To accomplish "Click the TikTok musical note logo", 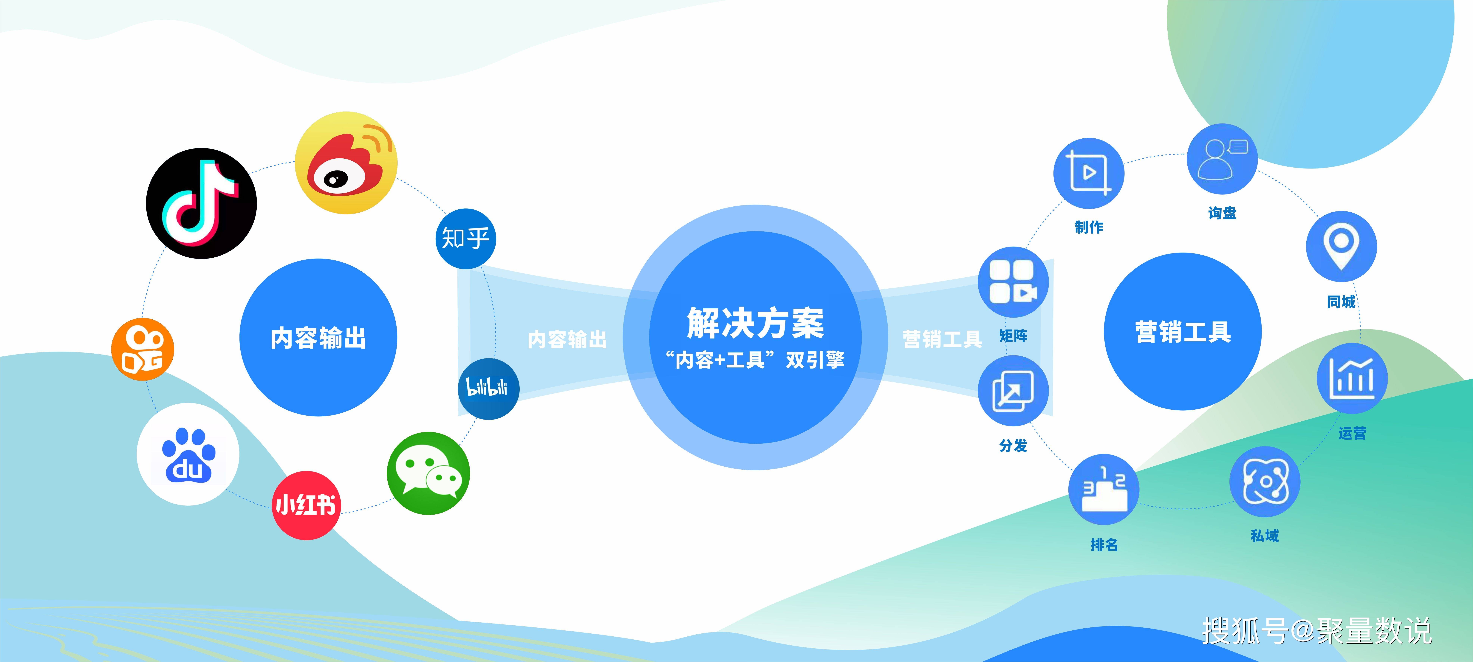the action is coord(201,204).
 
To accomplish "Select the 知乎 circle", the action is coord(465,238).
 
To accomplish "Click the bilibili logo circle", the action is coord(488,389).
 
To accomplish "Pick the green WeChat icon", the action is coord(428,473).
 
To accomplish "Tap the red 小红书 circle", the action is coord(306,505).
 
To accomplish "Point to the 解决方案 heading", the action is coord(755,323).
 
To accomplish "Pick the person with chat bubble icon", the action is coord(1222,159).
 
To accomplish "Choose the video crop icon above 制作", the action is coord(1089,173).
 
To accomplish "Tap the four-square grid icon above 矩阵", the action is coord(1013,282).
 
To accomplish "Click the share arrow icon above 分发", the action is coord(1013,390).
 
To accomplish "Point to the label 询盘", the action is coord(1222,213).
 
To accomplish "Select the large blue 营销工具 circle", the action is coord(1183,332).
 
